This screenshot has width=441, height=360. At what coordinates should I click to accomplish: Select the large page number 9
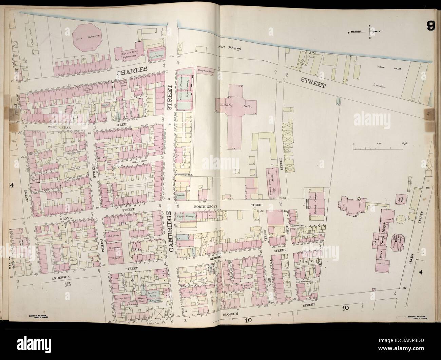(x=430, y=26)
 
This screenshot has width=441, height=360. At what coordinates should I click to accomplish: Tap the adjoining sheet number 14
(x=12, y=185)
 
